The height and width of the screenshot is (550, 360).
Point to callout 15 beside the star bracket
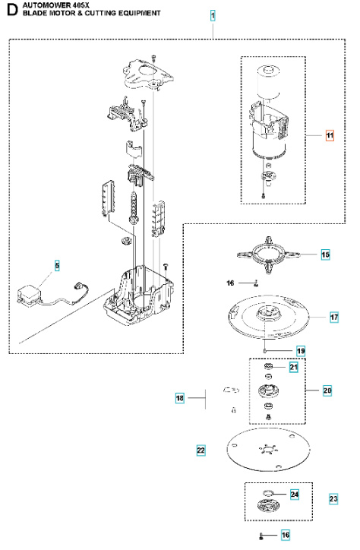pyautogui.click(x=325, y=255)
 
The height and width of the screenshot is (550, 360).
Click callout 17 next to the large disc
pyautogui.click(x=333, y=317)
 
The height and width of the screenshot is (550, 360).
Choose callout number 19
pyautogui.click(x=300, y=350)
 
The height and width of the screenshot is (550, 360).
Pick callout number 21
pyautogui.click(x=294, y=368)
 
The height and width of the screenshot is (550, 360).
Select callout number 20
pyautogui.click(x=327, y=390)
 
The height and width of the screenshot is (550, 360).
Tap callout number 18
pyautogui.click(x=180, y=397)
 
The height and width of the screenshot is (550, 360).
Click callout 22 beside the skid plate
pyautogui.click(x=201, y=450)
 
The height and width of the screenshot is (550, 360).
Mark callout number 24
pyautogui.click(x=295, y=495)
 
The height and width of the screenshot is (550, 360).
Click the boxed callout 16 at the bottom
pyautogui.click(x=286, y=535)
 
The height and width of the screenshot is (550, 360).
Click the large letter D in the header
pyautogui.click(x=11, y=10)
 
